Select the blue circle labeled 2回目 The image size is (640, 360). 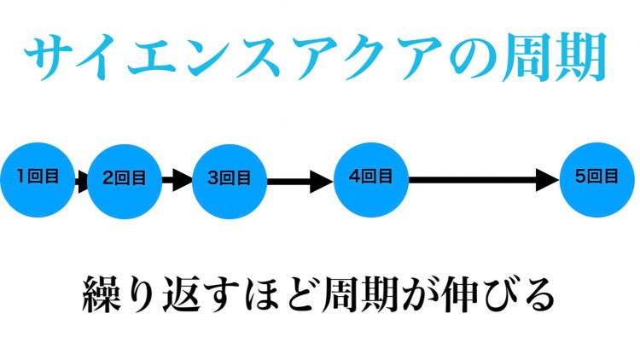click(x=125, y=179)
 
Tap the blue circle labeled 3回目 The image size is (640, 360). click(x=230, y=179)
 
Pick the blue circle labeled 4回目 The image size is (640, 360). click(x=370, y=178)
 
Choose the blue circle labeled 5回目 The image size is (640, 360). click(x=596, y=178)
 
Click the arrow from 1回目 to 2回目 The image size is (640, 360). click(x=81, y=180)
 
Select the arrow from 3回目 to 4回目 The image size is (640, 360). click(x=299, y=180)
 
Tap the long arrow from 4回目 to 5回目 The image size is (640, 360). click(x=483, y=179)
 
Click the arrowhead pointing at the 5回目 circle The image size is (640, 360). click(x=549, y=179)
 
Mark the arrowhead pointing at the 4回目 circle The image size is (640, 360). click(x=322, y=180)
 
